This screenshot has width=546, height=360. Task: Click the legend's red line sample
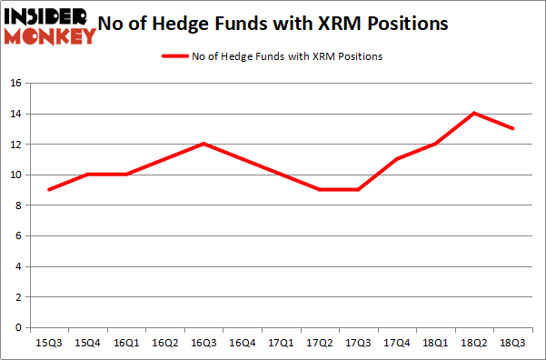174,56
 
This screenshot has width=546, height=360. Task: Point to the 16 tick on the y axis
15,84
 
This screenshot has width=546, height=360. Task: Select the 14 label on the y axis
15,115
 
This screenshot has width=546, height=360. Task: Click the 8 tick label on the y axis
18,205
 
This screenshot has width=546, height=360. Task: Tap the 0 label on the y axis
18,327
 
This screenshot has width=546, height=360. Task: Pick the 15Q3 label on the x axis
48,343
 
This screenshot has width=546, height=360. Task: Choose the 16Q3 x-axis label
204,343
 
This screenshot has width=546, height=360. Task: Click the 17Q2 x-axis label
320,343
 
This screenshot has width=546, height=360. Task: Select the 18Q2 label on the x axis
474,343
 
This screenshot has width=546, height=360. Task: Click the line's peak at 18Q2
474,114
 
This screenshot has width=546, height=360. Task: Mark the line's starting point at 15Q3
48,190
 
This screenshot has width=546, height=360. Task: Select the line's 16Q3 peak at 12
204,144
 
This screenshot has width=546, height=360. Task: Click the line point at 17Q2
320,190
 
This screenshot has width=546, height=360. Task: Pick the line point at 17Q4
397,159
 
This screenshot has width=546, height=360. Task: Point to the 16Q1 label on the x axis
125,343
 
